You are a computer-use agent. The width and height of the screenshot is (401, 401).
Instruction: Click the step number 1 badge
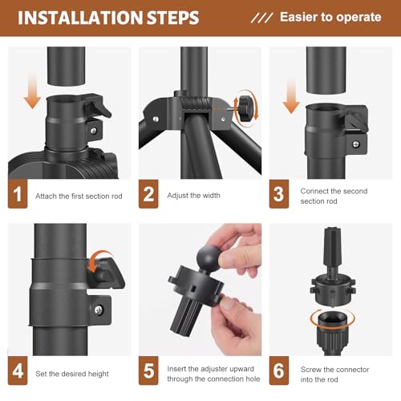click(18, 194)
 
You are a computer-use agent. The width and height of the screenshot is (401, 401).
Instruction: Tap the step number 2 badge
click(148, 194)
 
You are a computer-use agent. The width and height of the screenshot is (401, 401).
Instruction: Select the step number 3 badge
click(279, 194)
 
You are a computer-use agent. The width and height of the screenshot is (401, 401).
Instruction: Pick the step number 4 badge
click(18, 371)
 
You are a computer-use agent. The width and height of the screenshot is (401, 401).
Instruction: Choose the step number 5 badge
click(148, 371)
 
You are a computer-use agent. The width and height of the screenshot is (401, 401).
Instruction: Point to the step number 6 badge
click(279, 371)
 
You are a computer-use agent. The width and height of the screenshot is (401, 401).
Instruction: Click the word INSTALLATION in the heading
click(80, 18)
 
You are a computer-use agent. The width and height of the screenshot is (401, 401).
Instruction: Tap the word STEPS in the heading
click(173, 18)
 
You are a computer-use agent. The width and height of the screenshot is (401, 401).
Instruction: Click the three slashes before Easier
click(261, 18)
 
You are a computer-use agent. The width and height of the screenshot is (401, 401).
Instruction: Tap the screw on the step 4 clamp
click(99, 310)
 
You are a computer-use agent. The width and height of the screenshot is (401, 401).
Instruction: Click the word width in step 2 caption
click(211, 196)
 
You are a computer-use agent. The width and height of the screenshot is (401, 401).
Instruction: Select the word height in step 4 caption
click(99, 374)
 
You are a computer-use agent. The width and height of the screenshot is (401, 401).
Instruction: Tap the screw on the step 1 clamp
click(93, 131)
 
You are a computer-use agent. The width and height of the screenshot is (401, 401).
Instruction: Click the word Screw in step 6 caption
click(311, 370)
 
